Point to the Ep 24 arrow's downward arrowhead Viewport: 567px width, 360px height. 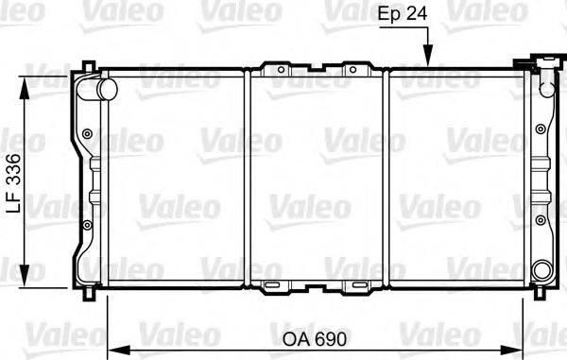(428, 60)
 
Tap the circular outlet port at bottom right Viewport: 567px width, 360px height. (541, 271)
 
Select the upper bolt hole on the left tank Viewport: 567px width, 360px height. (88, 133)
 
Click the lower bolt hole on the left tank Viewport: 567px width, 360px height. (88, 224)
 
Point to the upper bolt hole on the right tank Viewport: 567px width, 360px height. (540, 134)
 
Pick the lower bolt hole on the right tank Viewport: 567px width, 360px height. (540, 222)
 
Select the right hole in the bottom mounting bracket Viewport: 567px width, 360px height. (355, 285)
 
